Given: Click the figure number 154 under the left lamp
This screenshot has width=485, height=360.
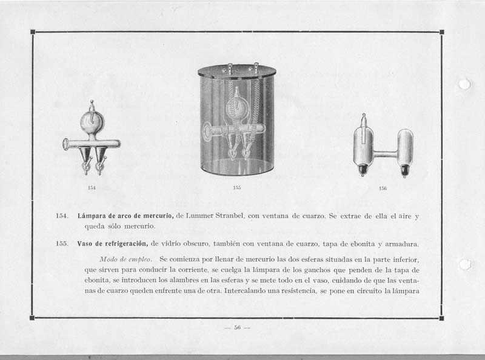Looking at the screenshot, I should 92,188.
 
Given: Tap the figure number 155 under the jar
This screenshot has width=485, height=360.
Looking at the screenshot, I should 237,188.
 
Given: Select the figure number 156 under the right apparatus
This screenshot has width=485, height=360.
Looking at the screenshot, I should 383,189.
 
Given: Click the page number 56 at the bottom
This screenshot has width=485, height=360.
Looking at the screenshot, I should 237,328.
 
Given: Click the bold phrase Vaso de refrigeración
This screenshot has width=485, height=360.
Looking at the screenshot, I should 113,244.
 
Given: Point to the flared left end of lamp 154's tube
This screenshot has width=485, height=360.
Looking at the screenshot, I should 65,144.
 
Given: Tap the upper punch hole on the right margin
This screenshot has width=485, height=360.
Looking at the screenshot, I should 465,84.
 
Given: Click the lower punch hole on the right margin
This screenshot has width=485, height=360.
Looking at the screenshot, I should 465,264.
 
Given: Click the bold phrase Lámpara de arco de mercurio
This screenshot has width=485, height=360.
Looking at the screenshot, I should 125,216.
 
